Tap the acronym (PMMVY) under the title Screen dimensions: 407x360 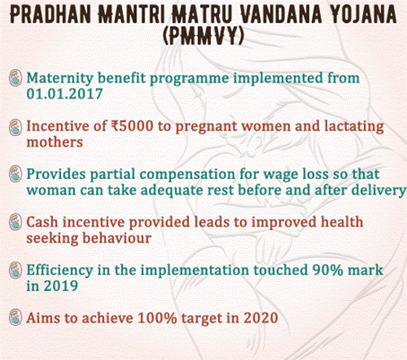coord(203,36)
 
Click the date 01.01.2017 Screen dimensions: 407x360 coord(65,94)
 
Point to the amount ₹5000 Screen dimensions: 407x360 coord(132,126)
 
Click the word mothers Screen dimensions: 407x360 coord(55,142)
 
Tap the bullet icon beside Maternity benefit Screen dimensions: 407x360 coord(15,78)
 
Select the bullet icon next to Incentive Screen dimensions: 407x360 coord(15,127)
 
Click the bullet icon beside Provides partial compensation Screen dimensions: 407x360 coord(15,174)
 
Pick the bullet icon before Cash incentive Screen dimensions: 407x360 coord(15,222)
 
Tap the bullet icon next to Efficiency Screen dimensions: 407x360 coord(15,270)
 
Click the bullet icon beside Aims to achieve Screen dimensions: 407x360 coord(15,317)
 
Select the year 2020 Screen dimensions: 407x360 coord(261,318)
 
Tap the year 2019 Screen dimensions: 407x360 coord(61,286)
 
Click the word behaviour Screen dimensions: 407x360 coord(117,238)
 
